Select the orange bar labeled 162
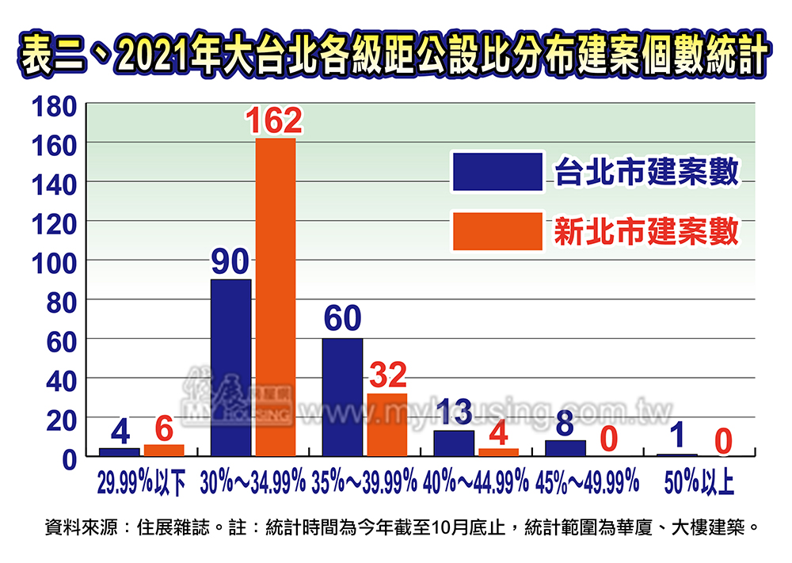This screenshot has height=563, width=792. tap(275, 297)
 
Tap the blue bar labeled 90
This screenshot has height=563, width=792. tap(230, 367)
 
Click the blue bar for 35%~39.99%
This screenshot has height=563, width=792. tap(342, 397)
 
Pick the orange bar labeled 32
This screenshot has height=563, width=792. tap(386, 424)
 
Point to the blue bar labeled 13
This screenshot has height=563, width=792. tap(454, 443)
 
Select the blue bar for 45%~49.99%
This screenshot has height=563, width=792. tap(565, 448)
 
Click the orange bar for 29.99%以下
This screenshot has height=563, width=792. tap(164, 450)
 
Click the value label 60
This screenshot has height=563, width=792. tap(342, 319)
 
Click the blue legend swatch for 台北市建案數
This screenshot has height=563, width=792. tap(497, 172)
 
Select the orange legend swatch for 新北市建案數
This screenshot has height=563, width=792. tap(497, 231)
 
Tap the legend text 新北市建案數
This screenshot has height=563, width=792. tap(646, 232)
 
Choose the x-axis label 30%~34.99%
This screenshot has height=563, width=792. tap(253, 480)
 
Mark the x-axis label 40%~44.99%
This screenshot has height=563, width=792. tap(476, 480)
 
